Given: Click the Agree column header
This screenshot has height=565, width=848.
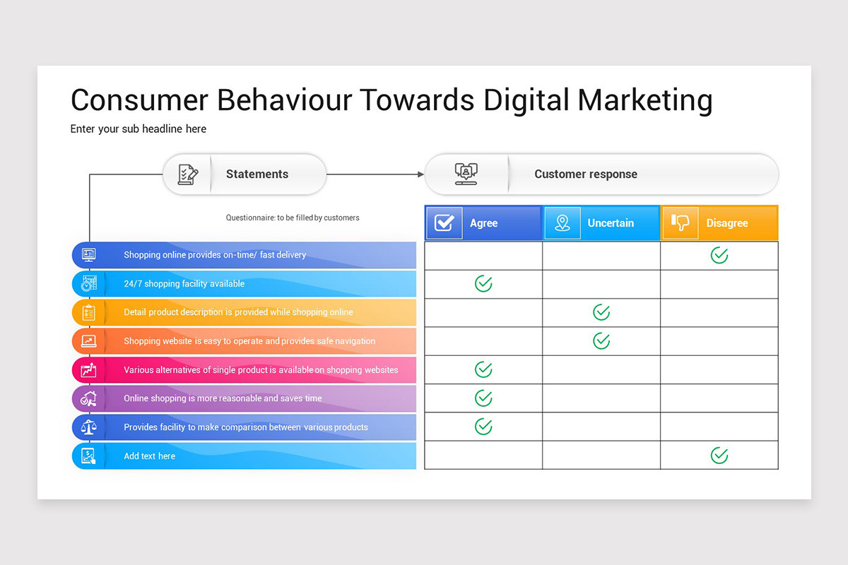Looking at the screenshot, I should (483, 223).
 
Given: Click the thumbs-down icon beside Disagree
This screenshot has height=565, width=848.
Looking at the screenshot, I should (681, 222).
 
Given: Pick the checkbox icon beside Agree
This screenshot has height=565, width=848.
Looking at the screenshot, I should (444, 223).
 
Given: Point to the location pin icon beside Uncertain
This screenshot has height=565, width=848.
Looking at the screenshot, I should (563, 223).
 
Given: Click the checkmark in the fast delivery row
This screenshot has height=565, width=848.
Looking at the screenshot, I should (719, 255).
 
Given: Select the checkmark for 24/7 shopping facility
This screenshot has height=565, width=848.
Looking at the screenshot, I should (483, 284).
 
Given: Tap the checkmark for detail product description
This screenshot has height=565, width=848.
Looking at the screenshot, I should (601, 312).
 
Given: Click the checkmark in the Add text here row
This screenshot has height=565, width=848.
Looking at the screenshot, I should (719, 456).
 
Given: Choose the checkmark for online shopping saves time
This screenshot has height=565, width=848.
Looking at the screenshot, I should (483, 398).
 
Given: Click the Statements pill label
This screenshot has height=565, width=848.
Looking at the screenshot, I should (257, 174).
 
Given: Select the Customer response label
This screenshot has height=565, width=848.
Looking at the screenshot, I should (586, 174).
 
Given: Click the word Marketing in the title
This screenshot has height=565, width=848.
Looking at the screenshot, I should (645, 100).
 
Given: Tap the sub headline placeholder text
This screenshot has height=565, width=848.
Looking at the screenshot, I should (139, 129).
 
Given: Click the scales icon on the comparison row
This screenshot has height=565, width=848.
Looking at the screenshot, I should (88, 427).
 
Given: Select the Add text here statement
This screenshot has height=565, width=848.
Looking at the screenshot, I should (150, 456).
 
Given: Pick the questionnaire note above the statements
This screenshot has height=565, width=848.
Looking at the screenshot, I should (293, 218).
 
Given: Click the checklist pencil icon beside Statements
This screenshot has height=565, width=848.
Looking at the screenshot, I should (188, 174).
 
